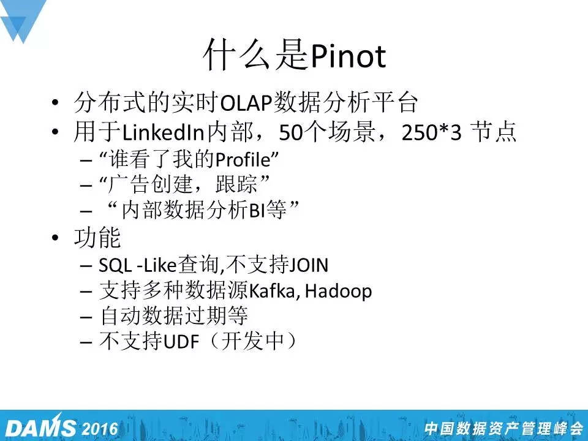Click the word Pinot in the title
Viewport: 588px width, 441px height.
(349, 56)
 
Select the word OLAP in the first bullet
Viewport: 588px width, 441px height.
(246, 103)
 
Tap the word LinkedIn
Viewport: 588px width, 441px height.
(163, 132)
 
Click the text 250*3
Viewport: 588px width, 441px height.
(431, 132)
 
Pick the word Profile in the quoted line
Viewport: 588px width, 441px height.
(243, 159)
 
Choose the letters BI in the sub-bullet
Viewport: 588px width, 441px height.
(257, 210)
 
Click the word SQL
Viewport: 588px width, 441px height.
(115, 265)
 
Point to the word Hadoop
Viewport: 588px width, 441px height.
(338, 292)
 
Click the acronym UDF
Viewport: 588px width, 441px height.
(181, 342)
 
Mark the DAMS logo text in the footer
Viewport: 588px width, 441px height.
(40, 428)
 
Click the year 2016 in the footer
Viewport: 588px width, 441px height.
(100, 429)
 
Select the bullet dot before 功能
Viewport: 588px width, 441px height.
(55, 238)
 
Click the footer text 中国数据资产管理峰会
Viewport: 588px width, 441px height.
(503, 429)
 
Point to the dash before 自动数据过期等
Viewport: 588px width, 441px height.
(86, 317)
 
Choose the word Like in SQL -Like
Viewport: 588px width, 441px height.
(160, 265)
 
